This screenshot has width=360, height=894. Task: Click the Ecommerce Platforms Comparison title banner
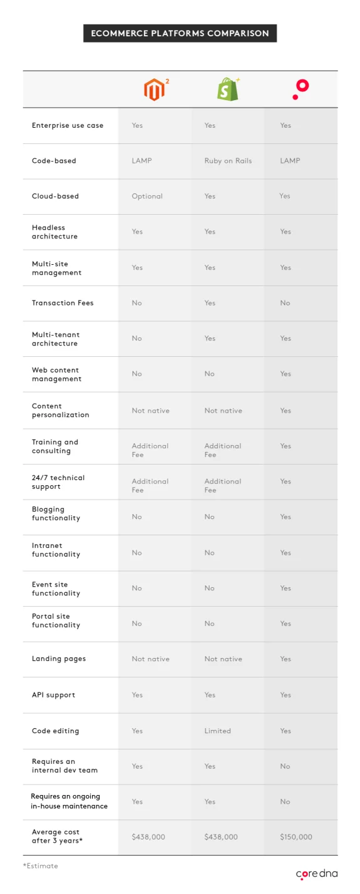(180, 33)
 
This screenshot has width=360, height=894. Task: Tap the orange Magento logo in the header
(155, 90)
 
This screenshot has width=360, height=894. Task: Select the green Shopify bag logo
(227, 90)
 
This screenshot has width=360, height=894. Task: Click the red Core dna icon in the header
(300, 90)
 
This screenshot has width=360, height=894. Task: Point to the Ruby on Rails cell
(228, 161)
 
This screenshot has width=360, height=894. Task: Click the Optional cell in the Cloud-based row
(147, 197)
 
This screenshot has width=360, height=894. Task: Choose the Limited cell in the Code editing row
(217, 731)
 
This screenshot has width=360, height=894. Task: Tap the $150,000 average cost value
(296, 837)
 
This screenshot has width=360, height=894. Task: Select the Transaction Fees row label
(63, 303)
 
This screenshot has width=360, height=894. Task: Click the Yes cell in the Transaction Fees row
(210, 303)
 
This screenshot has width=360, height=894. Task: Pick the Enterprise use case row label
(68, 125)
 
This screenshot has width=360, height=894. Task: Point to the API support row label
(53, 695)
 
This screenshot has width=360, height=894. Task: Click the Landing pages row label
(59, 659)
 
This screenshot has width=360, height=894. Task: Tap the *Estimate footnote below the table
(41, 866)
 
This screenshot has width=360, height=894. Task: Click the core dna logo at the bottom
(317, 873)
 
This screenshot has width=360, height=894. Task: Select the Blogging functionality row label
(56, 514)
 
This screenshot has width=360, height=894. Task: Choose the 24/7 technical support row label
(58, 482)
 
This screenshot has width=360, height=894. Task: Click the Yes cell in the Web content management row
(285, 374)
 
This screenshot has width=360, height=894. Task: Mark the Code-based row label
(54, 161)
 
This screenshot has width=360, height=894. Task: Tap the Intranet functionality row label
(56, 550)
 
